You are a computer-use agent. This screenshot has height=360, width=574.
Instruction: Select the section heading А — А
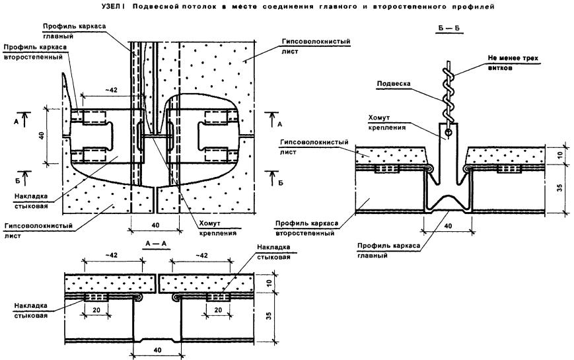pos(153,243)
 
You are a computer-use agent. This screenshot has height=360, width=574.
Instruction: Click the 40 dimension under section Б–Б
pos(447,227)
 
